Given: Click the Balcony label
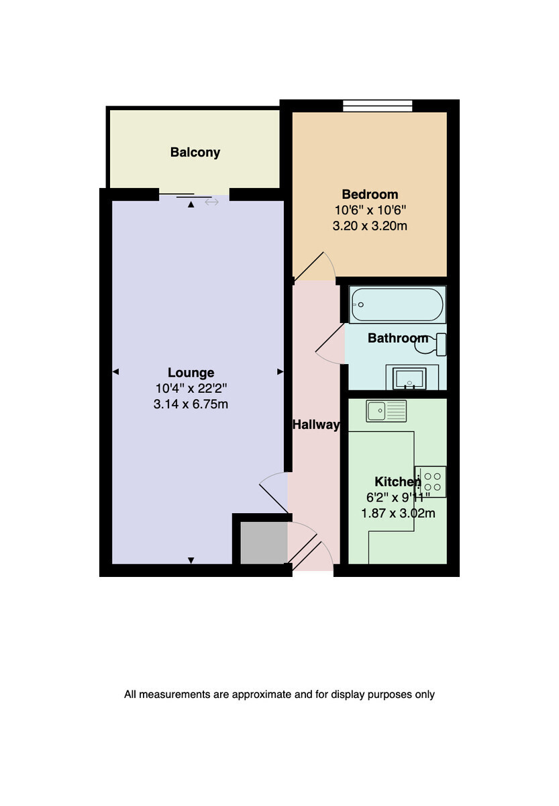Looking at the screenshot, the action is click(x=195, y=152).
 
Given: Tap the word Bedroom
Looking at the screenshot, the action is click(x=370, y=194).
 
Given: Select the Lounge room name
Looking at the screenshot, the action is click(x=191, y=372).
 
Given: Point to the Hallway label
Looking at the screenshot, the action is click(x=316, y=425).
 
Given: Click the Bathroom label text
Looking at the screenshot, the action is click(x=397, y=339).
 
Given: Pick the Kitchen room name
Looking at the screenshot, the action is click(x=397, y=482).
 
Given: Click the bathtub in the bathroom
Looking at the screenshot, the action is click(x=397, y=304).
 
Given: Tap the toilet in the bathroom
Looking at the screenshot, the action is click(x=431, y=345).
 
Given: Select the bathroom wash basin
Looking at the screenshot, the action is click(x=409, y=378).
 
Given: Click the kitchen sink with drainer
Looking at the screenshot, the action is click(x=386, y=410).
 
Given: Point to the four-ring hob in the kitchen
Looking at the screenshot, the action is click(x=431, y=482).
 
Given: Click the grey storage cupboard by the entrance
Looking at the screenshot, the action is click(x=264, y=543).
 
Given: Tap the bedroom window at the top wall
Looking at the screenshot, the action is click(x=377, y=106).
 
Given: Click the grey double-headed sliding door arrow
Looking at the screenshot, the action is click(x=212, y=203).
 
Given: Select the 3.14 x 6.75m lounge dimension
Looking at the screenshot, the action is click(x=191, y=404).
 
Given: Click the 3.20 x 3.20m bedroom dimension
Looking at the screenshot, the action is click(x=370, y=226).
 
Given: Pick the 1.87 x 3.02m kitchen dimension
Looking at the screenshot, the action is click(x=398, y=513).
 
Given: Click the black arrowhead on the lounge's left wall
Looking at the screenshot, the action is click(x=115, y=371).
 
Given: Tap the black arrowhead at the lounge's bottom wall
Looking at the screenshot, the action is click(x=191, y=560).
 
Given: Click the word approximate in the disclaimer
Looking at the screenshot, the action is click(x=262, y=694).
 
